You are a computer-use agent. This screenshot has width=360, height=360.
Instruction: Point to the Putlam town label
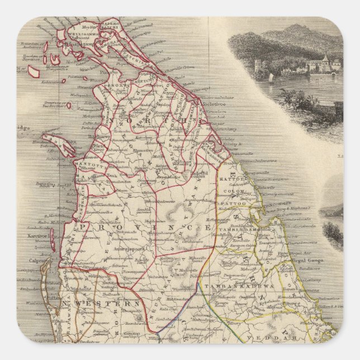[25, 299]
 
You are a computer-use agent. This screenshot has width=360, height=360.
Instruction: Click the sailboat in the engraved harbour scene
[271, 76]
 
